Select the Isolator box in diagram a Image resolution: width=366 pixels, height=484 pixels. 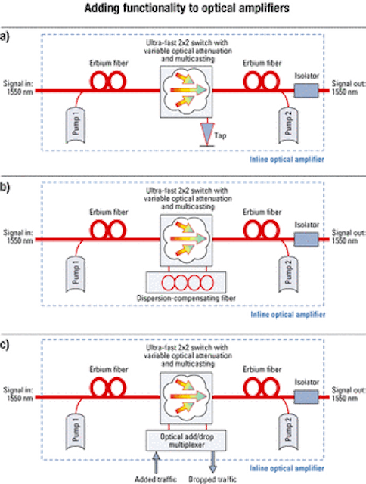pyautogui.click(x=306, y=91)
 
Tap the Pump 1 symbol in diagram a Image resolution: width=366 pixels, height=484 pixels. pyautogui.click(x=76, y=125)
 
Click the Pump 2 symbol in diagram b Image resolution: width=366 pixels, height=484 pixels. pyautogui.click(x=288, y=274)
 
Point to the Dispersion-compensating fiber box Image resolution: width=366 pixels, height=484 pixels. pyautogui.click(x=186, y=282)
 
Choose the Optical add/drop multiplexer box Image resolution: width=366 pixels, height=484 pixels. pyautogui.click(x=186, y=440)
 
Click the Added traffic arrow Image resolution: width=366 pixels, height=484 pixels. pyautogui.click(x=156, y=462)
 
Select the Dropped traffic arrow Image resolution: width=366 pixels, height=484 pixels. pyautogui.click(x=213, y=462)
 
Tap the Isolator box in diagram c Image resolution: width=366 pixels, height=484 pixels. pyautogui.click(x=306, y=397)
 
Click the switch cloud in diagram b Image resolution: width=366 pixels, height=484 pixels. pyautogui.click(x=186, y=240)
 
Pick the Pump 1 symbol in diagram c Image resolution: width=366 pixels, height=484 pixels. pyautogui.click(x=76, y=432)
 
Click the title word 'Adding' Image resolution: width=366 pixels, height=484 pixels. pyautogui.click(x=102, y=8)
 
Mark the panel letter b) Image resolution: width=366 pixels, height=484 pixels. pyautogui.click(x=5, y=188)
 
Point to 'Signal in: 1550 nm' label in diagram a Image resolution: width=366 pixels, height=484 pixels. pyautogui.click(x=18, y=88)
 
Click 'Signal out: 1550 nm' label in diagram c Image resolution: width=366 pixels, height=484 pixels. pyautogui.click(x=349, y=394)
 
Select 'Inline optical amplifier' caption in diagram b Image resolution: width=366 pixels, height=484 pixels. pyautogui.click(x=287, y=315)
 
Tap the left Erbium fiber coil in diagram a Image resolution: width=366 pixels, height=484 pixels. pyautogui.click(x=108, y=81)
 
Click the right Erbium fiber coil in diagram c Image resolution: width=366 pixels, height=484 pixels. pyautogui.click(x=262, y=387)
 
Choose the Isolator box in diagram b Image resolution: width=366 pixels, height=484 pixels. pyautogui.click(x=306, y=240)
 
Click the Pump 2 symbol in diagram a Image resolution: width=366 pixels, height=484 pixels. pyautogui.click(x=288, y=125)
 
